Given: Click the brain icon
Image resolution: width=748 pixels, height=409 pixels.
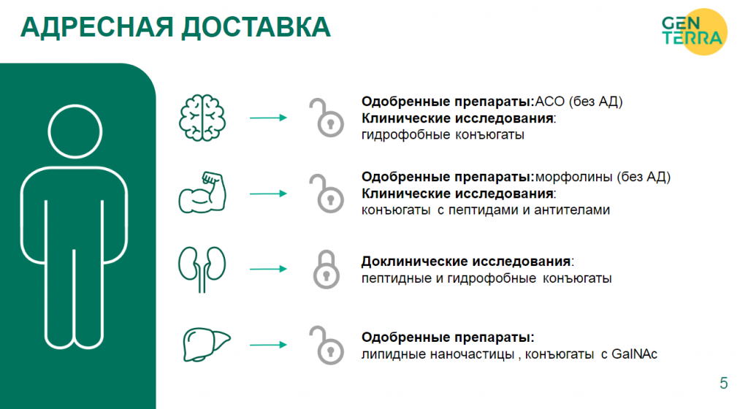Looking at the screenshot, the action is click(202, 118).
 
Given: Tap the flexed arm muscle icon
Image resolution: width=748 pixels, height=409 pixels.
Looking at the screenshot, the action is click(202, 193).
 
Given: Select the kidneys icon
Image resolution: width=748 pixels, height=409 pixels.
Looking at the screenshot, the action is click(202, 270).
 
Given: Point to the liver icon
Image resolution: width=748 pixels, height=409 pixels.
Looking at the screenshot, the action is click(207, 344).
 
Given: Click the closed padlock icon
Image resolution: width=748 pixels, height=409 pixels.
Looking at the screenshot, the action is click(327, 270).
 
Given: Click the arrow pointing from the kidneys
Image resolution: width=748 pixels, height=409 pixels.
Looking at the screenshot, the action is click(268, 269).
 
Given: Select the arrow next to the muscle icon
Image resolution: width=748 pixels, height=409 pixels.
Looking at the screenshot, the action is click(268, 194).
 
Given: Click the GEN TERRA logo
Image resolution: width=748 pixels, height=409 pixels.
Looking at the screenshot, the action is click(695, 31).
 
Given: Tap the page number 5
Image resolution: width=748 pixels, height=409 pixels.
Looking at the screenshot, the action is click(724, 383).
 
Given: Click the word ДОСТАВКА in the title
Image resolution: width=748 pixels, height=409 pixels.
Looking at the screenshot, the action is click(256, 28).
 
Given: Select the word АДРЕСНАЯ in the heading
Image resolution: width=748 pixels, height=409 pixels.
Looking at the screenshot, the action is click(97, 27).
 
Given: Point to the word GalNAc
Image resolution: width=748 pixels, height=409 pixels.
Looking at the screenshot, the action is click(635, 354).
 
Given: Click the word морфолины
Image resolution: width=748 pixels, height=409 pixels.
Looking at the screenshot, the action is click(573, 177).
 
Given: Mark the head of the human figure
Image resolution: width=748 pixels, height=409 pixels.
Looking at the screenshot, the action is click(75, 131).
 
